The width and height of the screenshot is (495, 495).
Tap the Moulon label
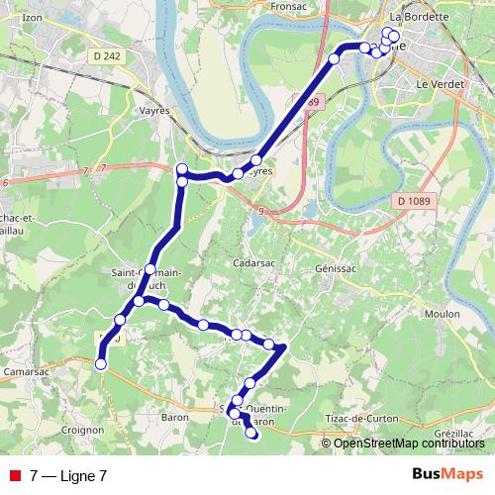pyautogui.click(x=442, y=314)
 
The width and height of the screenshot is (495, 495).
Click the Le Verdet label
pyautogui.click(x=434, y=85)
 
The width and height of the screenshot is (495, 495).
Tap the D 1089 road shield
pyautogui.click(x=416, y=202)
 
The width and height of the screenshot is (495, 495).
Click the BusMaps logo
pyautogui.click(x=447, y=474)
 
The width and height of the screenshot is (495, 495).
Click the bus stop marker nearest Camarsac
pyautogui.click(x=100, y=365)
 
